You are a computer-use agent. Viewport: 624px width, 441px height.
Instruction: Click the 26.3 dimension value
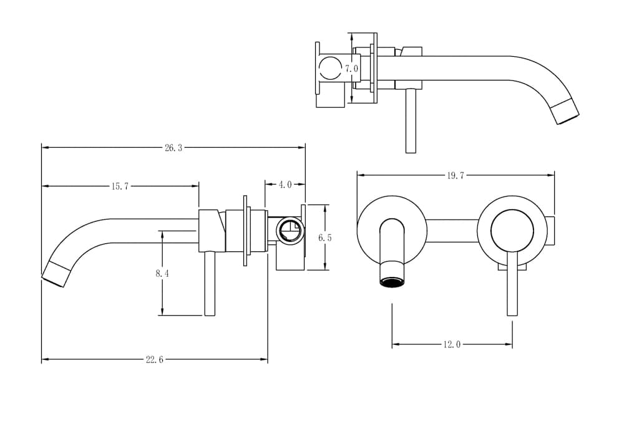[173, 148]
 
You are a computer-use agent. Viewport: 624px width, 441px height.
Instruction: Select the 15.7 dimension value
[119, 186]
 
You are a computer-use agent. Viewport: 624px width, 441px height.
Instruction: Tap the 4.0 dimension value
[285, 185]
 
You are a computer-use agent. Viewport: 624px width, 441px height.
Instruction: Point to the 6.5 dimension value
[324, 238]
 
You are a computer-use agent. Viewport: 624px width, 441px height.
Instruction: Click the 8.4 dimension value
[162, 273]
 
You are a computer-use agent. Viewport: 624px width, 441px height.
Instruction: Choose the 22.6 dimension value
[154, 359]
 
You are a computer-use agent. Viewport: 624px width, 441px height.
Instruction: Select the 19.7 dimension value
[456, 175]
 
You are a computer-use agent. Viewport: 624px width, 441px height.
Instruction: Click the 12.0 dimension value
[452, 344]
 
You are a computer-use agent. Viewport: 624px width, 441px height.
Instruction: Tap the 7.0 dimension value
[351, 69]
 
